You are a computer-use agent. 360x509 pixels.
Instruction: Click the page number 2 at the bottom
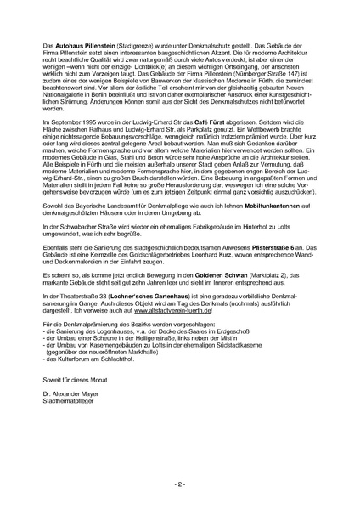pos(180,483)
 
